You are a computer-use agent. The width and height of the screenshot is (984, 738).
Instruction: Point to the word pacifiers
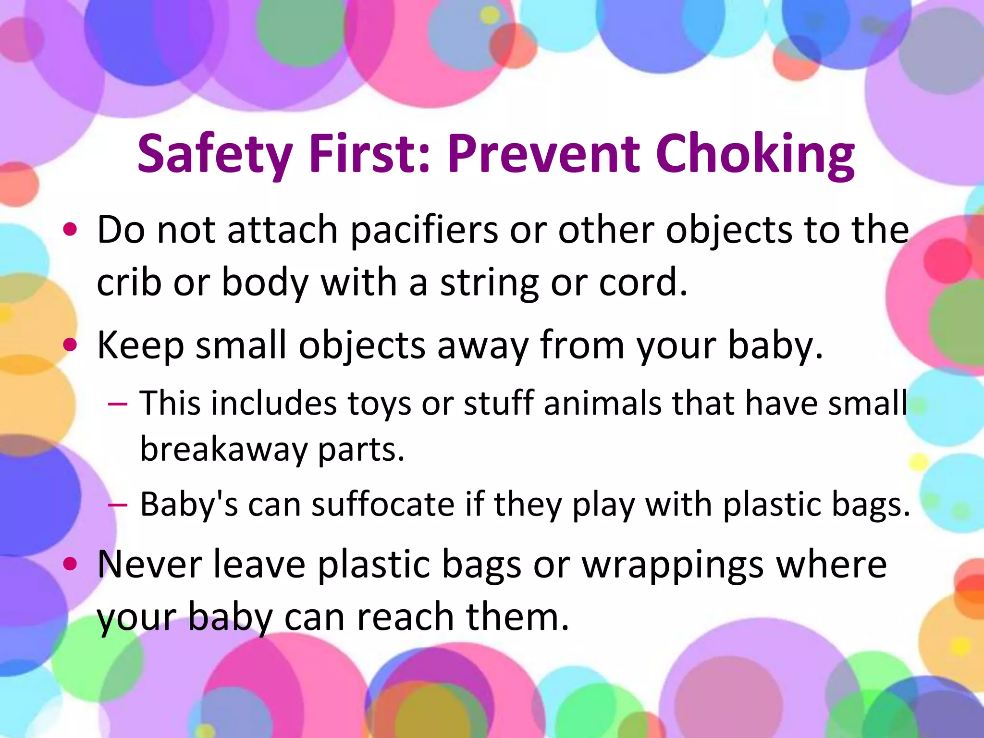pyautogui.click(x=424, y=231)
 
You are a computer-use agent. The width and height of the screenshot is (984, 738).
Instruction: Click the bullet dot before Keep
pyautogui.click(x=70, y=344)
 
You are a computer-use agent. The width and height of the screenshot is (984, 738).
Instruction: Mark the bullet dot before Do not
pyautogui.click(x=70, y=229)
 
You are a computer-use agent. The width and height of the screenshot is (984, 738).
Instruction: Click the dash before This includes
pyautogui.click(x=118, y=403)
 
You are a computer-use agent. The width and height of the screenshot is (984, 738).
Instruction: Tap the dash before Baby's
pyautogui.click(x=118, y=505)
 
